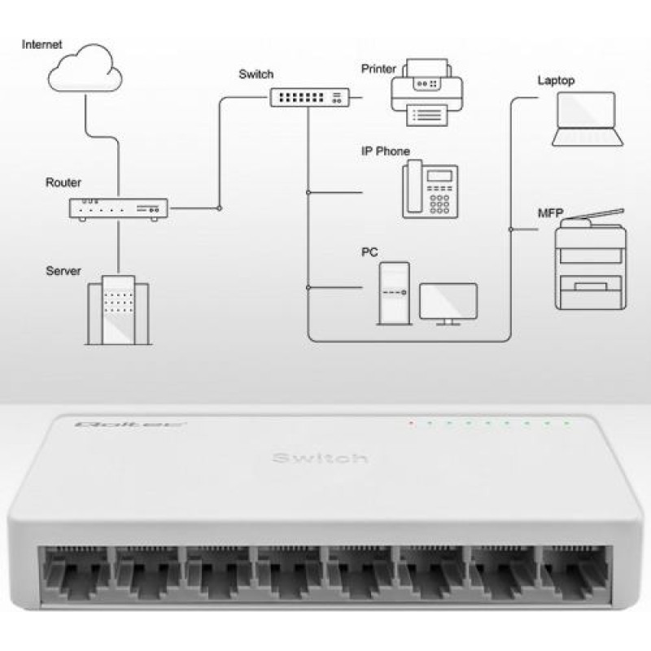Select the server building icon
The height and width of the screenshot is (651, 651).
(x=119, y=310)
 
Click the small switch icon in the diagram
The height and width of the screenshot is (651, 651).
(x=308, y=98)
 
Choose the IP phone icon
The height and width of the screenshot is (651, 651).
(x=430, y=189)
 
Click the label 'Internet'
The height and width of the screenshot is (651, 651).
(x=42, y=42)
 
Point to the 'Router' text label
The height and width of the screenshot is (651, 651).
(x=63, y=182)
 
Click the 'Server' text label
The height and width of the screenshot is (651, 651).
(x=63, y=270)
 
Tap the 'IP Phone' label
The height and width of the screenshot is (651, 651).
(x=386, y=151)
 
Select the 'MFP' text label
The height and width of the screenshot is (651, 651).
(x=550, y=213)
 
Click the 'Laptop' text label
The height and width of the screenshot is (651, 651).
(x=556, y=81)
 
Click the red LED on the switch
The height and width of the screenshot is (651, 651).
(x=412, y=423)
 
